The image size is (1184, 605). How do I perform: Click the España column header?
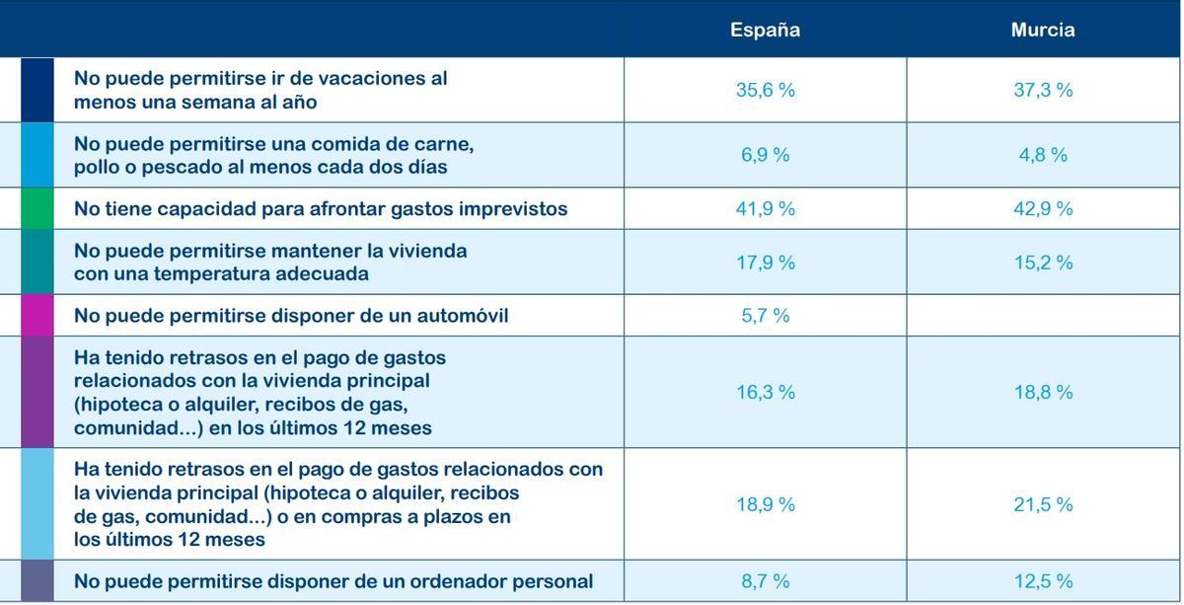pos(765,30)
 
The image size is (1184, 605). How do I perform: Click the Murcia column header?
pos(1042,30)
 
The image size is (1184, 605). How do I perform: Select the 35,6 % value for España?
pos(765,90)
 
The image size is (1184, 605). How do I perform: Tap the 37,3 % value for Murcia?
pos(1043,90)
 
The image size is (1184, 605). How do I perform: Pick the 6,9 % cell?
pos(765,155)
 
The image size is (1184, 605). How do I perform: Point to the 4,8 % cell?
pos(1043,155)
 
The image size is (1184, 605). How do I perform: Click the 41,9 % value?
pos(765,209)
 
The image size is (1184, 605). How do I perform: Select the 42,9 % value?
pos(1043,209)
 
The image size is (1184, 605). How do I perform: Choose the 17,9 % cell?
pos(765,263)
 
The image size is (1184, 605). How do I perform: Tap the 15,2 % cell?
pos(1043,263)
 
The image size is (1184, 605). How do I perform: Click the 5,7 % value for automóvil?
pos(765,316)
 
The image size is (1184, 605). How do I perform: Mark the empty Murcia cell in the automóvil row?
pos(1043,316)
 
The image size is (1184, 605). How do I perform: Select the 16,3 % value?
pos(765,392)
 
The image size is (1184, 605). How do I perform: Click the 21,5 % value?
pos(1043,504)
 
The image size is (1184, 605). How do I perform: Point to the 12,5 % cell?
pos(1043,581)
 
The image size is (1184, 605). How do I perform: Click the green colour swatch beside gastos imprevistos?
pos(37,209)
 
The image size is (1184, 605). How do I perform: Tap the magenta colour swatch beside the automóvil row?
pos(37,316)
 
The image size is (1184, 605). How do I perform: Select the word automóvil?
pos(464,316)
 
